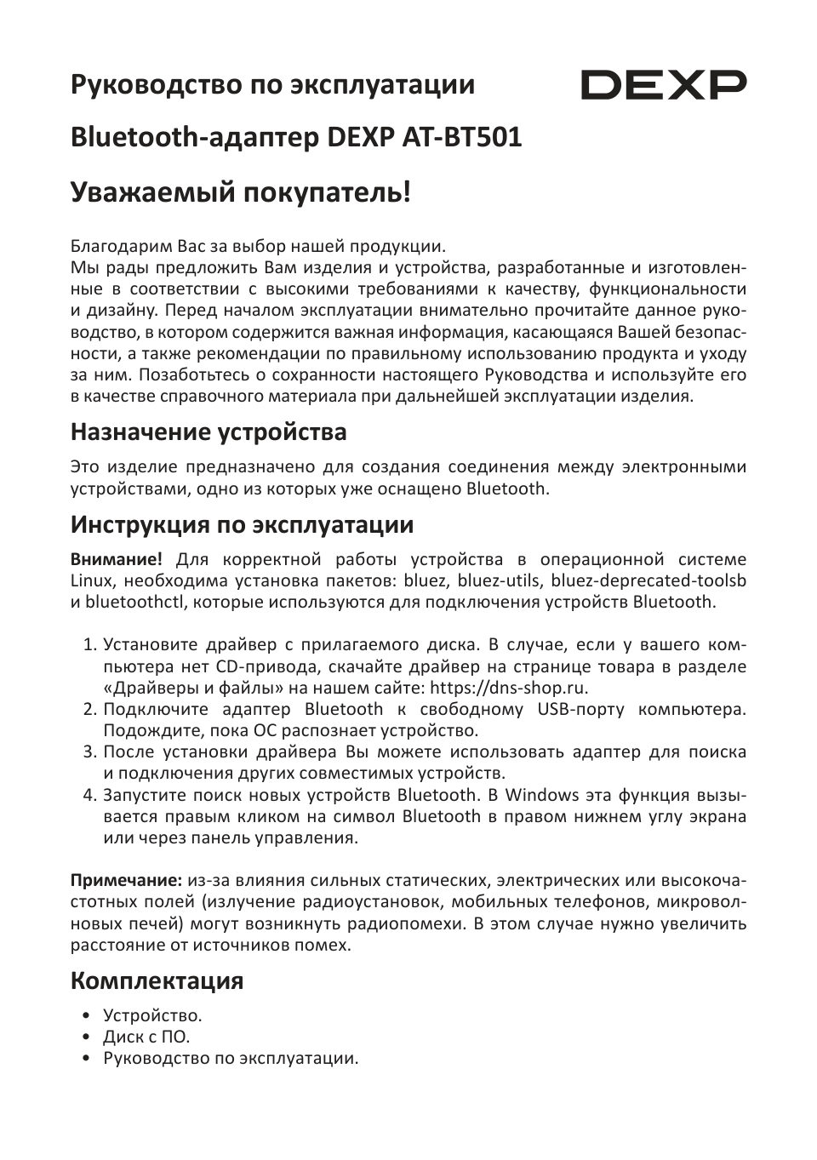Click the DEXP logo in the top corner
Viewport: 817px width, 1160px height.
tap(664, 85)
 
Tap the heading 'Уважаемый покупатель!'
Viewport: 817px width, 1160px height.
tap(240, 192)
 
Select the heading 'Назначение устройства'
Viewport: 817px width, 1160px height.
tap(209, 432)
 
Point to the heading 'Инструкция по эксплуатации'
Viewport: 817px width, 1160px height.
tap(242, 524)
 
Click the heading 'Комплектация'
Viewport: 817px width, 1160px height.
tap(157, 980)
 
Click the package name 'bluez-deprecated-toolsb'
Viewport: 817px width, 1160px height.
tap(648, 580)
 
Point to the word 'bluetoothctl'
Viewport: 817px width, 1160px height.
tap(137, 602)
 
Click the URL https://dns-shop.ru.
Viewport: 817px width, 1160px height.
tap(510, 688)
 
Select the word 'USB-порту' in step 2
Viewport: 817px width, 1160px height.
tap(580, 709)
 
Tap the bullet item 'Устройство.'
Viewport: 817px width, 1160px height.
tap(152, 1015)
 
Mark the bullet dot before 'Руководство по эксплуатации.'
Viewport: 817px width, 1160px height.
tap(87, 1059)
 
